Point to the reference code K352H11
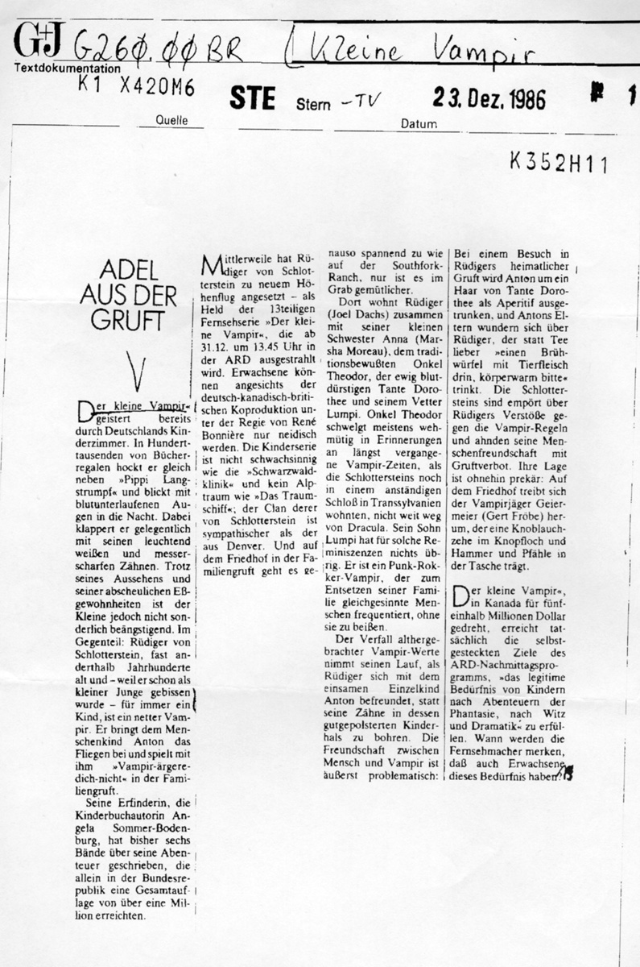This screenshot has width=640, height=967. (x=559, y=163)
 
